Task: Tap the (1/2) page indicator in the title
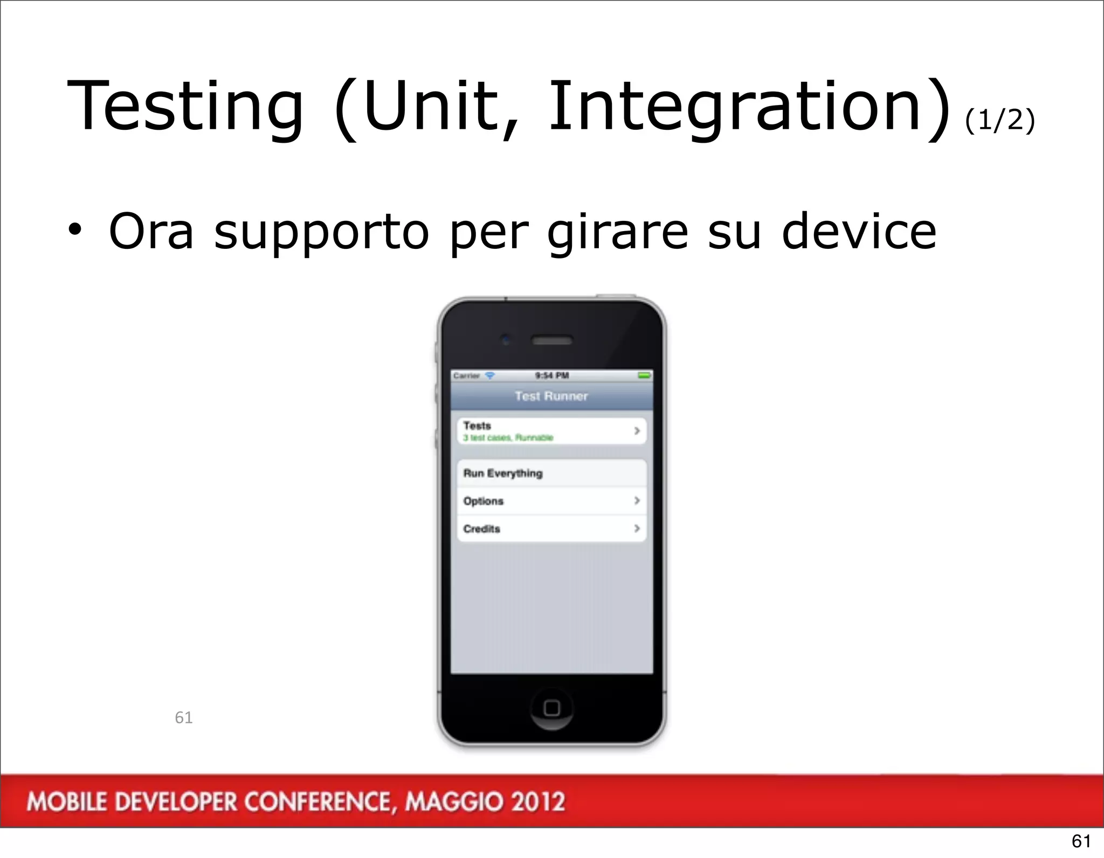tap(999, 120)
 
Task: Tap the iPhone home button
tap(551, 708)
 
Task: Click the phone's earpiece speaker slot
tap(551, 340)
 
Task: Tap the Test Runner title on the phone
tap(551, 396)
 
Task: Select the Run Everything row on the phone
tap(503, 473)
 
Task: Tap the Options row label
tap(484, 501)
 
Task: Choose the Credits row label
tap(482, 529)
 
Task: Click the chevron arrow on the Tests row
tap(637, 431)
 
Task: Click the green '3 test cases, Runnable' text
tap(508, 438)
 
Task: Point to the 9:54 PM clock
tap(551, 375)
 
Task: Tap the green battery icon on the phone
tap(644, 375)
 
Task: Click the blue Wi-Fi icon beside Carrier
tap(489, 375)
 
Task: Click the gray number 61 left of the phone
tap(183, 717)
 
